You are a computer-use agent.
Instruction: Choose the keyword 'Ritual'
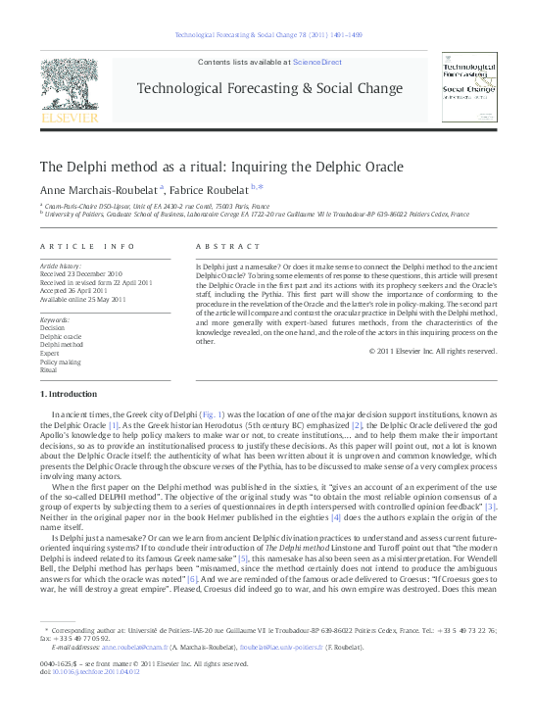point(49,370)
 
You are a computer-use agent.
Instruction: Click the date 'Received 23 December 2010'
point(80,274)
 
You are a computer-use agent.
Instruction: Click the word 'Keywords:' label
point(54,319)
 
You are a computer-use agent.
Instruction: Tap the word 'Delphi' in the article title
point(80,166)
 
